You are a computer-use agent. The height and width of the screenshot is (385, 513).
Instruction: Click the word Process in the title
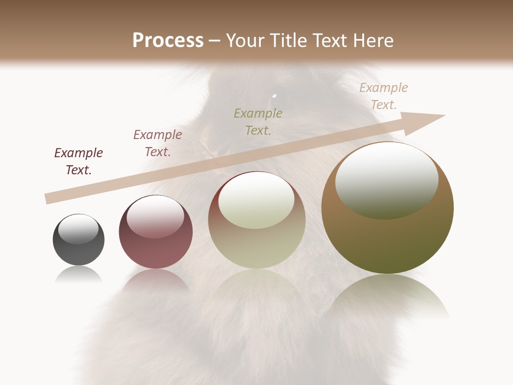[x=168, y=41]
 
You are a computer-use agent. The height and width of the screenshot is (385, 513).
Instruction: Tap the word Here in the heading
[x=373, y=41]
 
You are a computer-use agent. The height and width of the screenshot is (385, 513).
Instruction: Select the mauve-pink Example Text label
[x=158, y=143]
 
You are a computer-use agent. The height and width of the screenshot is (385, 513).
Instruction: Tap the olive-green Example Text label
[x=258, y=121]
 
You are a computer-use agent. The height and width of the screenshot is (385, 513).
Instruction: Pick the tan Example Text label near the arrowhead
[x=384, y=96]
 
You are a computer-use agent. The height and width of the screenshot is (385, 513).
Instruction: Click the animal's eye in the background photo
[x=274, y=98]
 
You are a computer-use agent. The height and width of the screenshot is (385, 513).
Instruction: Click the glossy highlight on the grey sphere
[x=78, y=229]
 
